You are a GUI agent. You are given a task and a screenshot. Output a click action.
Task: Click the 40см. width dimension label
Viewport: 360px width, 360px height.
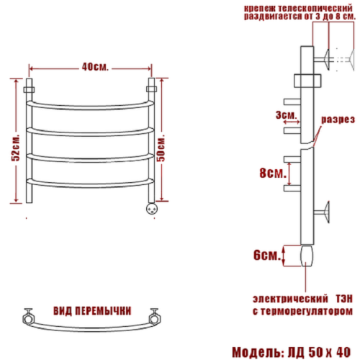coord(95,67)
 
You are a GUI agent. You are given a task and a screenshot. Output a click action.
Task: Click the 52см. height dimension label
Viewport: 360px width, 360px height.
coord(16,148)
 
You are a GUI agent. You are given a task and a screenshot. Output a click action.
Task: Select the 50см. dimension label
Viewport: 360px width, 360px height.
coord(161,148)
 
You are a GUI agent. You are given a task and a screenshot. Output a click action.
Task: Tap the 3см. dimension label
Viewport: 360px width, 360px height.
coord(286,115)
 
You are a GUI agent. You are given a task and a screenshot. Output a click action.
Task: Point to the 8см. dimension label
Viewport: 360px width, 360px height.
coord(273,173)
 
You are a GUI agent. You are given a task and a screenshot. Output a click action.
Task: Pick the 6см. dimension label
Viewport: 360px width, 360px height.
coord(267,255)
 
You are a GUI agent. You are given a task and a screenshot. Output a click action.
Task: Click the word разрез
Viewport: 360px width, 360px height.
coord(338,120)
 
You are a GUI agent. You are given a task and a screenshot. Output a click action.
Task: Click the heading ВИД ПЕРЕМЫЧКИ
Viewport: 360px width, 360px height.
coord(92,311)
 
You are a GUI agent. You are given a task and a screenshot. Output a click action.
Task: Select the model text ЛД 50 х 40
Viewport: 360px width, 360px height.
coord(319,352)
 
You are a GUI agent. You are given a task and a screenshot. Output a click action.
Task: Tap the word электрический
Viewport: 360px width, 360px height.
coord(290,299)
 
